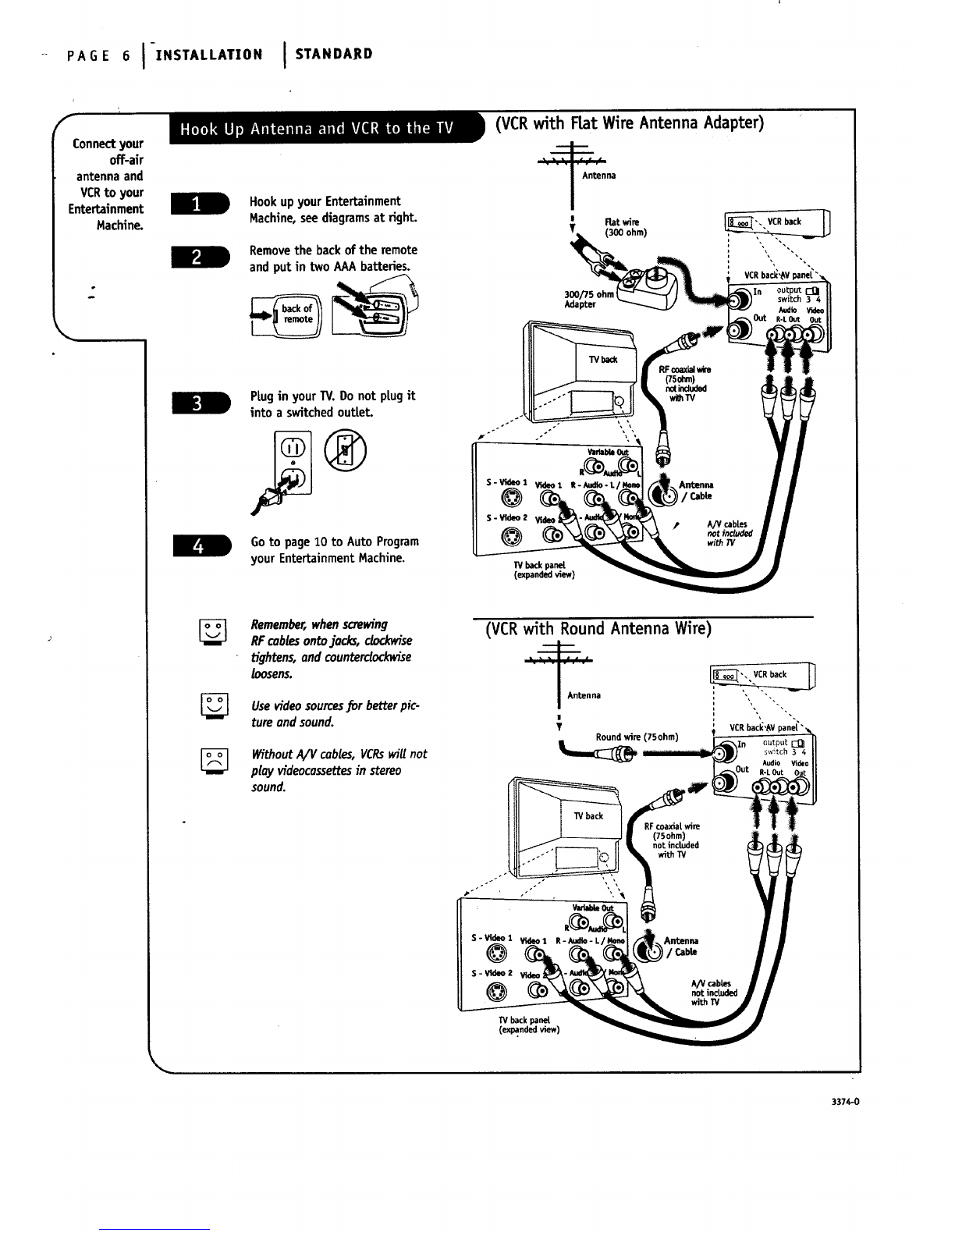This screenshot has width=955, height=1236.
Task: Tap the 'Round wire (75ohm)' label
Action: pyautogui.click(x=637, y=737)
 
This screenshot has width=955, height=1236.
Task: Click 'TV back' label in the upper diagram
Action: pyautogui.click(x=603, y=360)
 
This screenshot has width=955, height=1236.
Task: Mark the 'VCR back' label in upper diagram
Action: pyautogui.click(x=784, y=222)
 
